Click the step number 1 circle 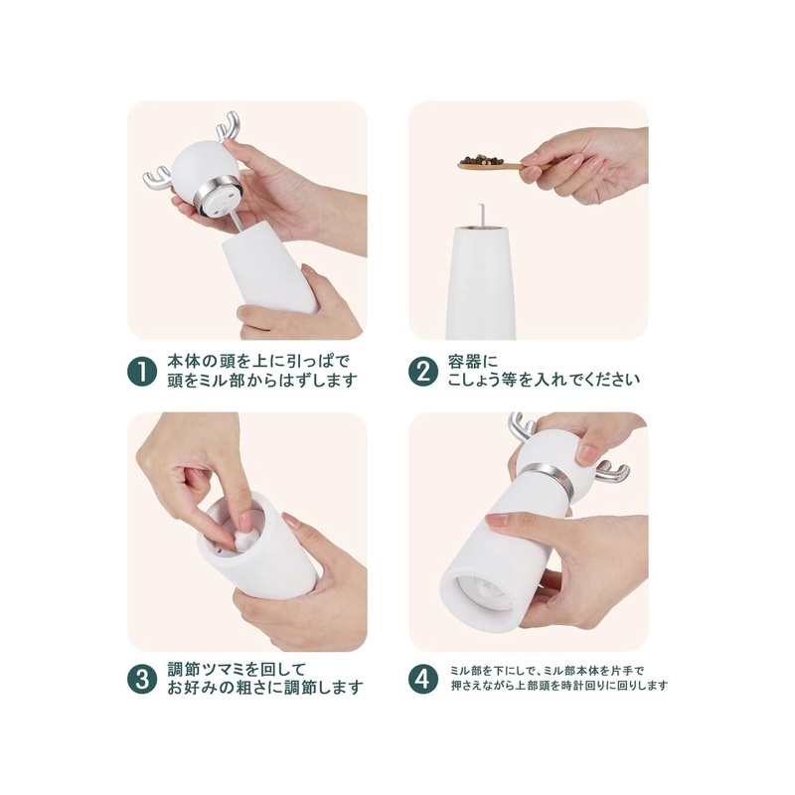141,372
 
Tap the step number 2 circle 423,372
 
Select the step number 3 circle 141,679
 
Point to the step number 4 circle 423,679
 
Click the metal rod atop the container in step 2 481,215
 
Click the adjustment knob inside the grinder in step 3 243,539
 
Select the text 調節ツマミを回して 237,669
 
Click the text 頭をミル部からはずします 262,381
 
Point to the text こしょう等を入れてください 544,380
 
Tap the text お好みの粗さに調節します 265,688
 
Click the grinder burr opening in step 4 483,591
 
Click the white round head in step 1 200,166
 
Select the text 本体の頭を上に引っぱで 258,362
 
